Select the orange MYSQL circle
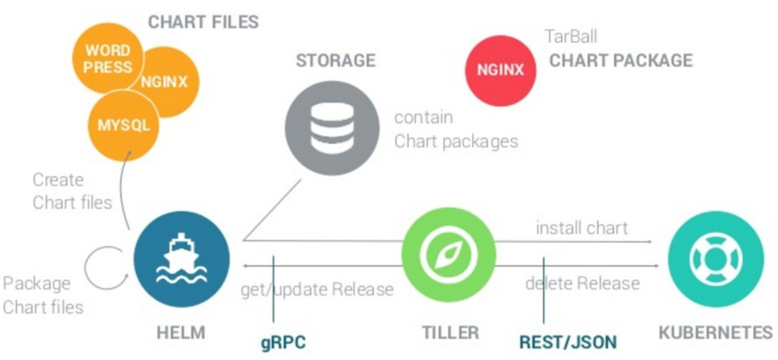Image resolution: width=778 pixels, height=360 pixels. pos(123,126)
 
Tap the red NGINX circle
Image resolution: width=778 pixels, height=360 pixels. pos(500,69)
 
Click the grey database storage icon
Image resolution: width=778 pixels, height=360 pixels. pos(332,127)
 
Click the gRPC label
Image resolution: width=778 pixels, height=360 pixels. pos(283,342)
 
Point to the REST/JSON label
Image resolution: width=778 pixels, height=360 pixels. pos(568,342)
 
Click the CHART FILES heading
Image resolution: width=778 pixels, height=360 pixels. pos(204,22)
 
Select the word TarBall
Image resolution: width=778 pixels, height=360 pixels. pos(571,36)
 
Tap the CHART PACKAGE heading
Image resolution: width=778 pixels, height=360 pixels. pos(621,60)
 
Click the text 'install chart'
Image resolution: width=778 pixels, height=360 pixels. pos(582,228)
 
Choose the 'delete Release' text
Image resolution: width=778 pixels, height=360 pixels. pos(582,283)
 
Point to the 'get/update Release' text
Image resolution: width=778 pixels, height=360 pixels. pos(317,289)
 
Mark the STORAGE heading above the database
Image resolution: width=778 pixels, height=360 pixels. pos(336,60)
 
